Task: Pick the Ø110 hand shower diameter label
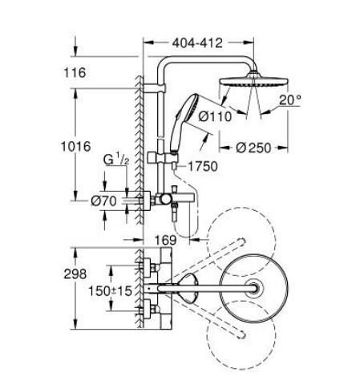pyautogui.click(x=214, y=117)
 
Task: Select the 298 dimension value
pyautogui.click(x=75, y=274)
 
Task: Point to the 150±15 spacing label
pyautogui.click(x=109, y=290)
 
